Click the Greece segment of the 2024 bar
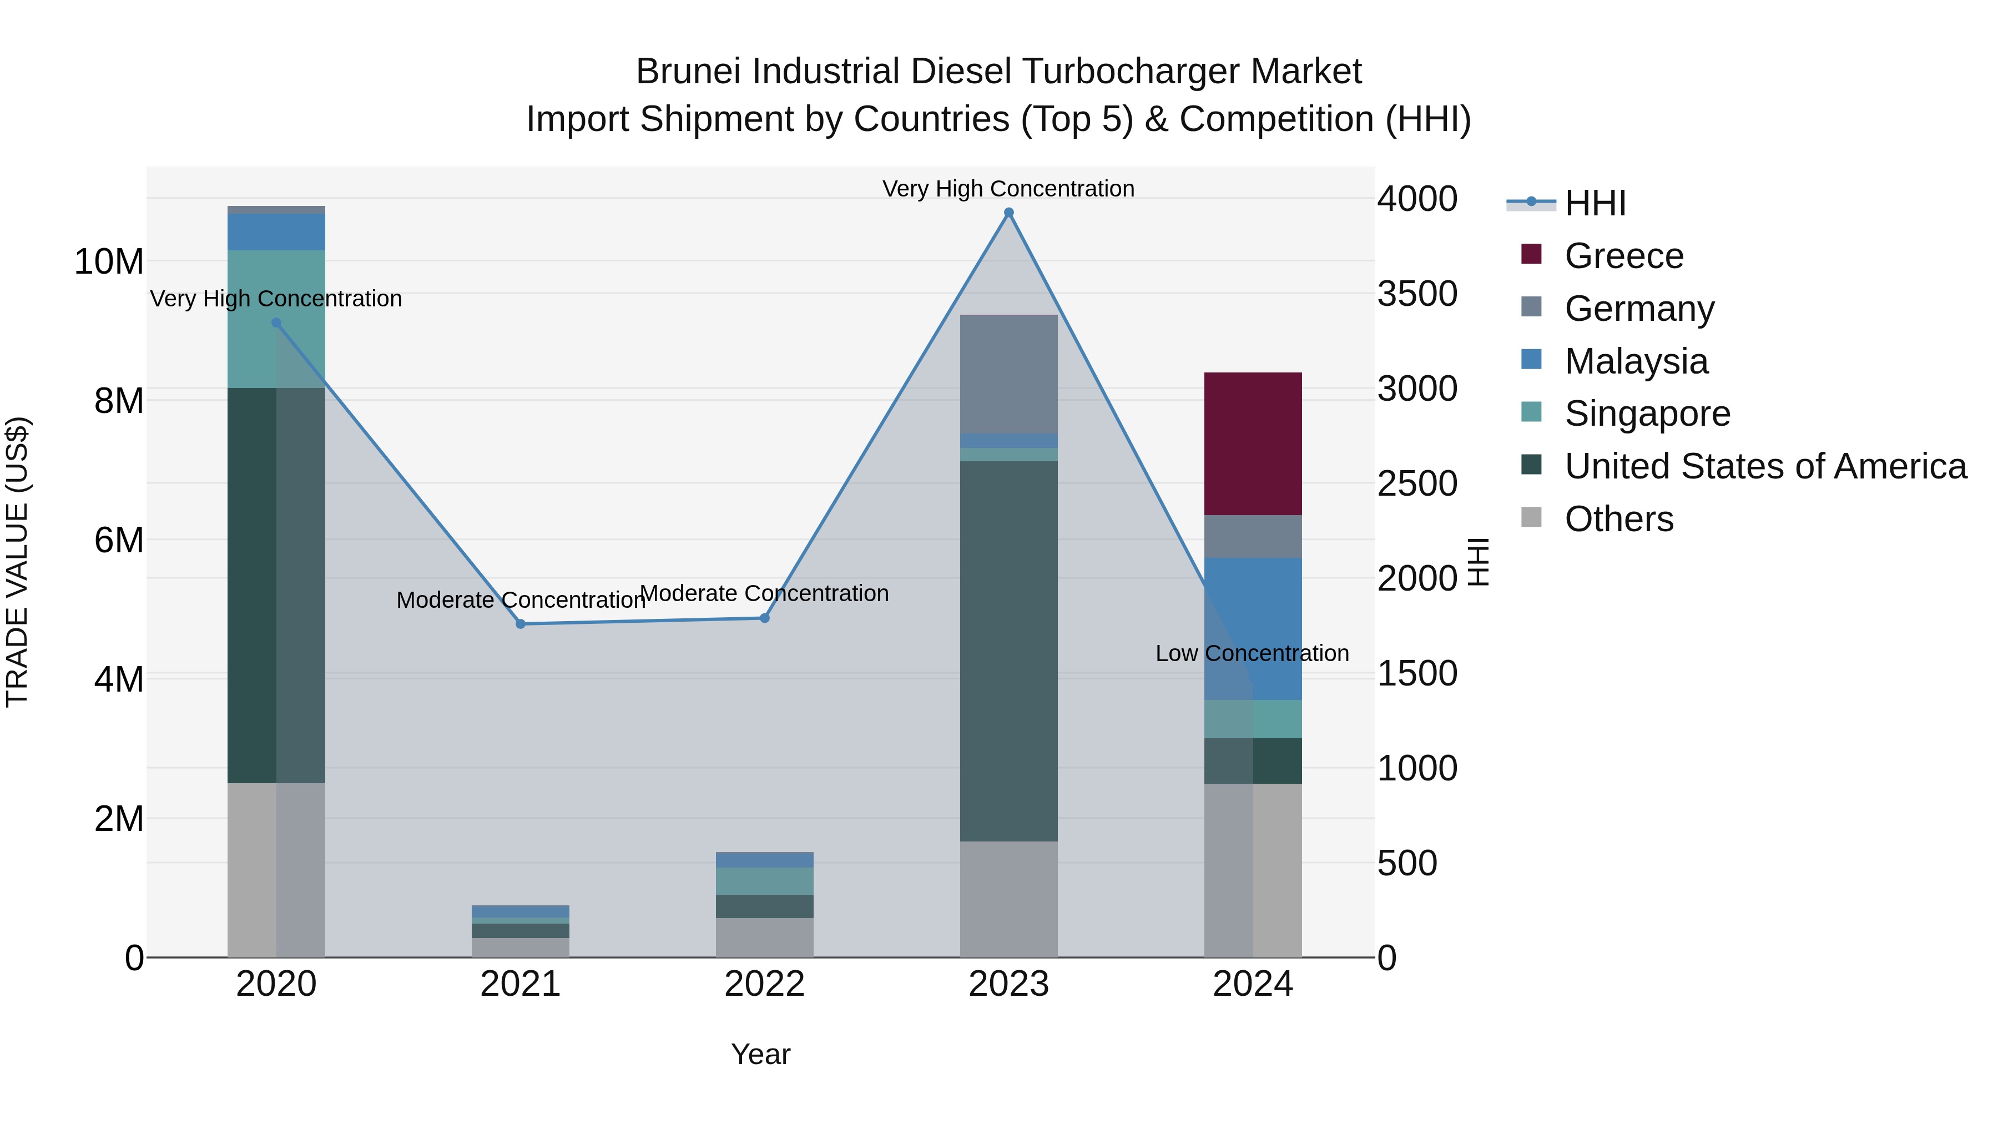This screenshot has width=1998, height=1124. click(1253, 443)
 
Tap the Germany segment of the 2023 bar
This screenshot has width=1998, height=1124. click(1008, 374)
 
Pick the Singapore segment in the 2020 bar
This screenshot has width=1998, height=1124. click(276, 318)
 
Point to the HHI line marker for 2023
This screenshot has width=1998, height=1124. click(1008, 213)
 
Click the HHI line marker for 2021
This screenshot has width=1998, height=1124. click(521, 624)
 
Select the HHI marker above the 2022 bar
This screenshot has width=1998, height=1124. click(764, 618)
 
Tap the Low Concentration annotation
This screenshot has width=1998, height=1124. click(1252, 653)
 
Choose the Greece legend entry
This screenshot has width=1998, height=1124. click(1623, 256)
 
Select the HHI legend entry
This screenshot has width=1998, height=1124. click(1594, 203)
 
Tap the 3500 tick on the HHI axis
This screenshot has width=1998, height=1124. click(1416, 294)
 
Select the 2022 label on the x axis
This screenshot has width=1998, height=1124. click(764, 984)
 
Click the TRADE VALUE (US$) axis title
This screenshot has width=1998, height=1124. click(17, 562)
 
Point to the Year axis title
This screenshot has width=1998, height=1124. click(760, 1054)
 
